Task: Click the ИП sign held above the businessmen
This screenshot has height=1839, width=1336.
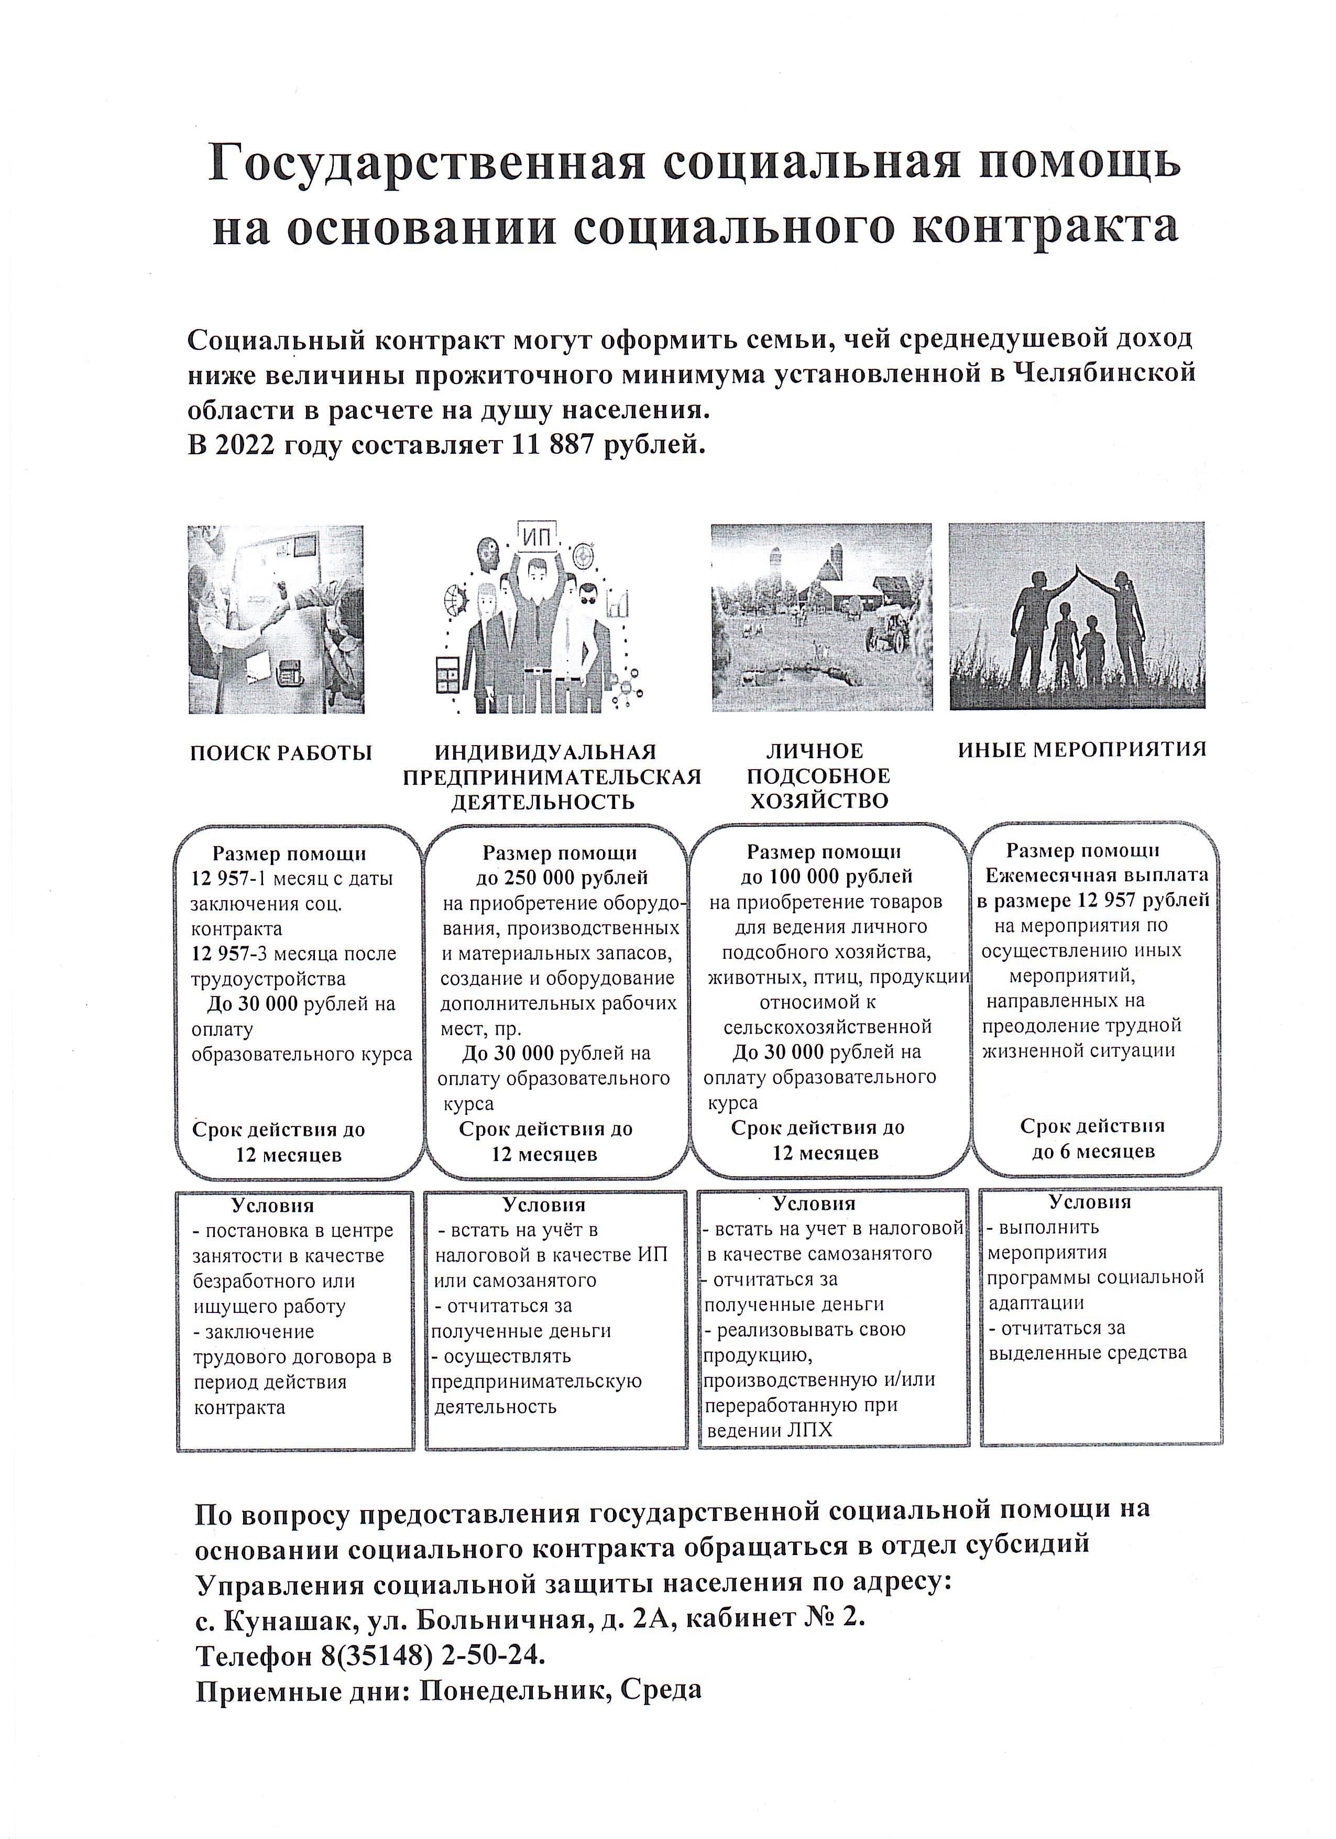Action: point(536,537)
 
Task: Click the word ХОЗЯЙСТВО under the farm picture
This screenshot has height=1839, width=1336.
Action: point(819,801)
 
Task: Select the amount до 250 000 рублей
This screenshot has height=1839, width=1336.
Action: point(562,878)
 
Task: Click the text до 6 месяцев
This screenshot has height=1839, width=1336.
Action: point(1093,1152)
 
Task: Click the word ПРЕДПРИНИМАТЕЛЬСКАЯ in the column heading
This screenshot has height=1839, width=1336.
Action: point(552,777)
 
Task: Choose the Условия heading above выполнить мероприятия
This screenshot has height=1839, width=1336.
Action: point(1090,1202)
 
